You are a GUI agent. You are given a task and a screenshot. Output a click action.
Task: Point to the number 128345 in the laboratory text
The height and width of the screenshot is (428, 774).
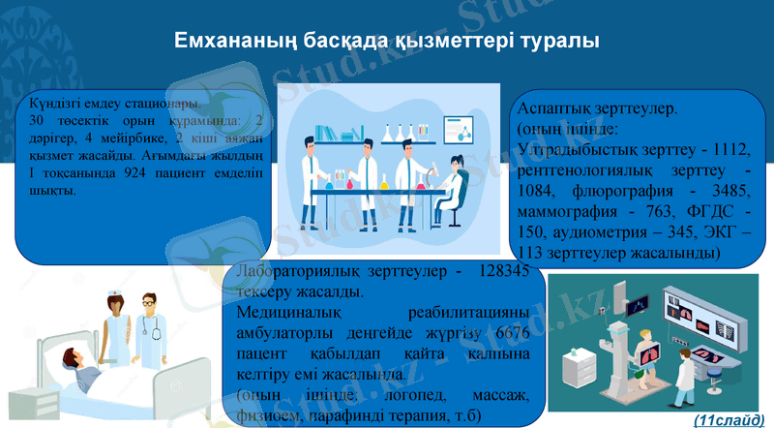(x=503, y=272)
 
